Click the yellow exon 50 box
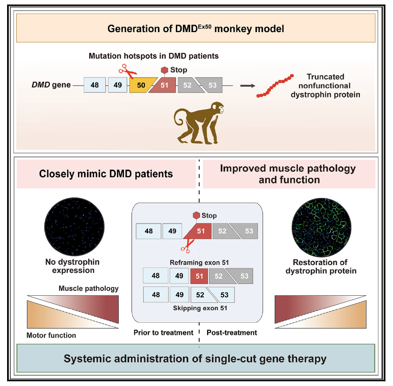coord(140,85)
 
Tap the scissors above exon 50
coord(127,71)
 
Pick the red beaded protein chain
coord(275,86)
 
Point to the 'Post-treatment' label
coord(232,333)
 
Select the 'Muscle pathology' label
coord(88,288)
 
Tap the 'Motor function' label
coord(51,335)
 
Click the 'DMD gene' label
coord(50,86)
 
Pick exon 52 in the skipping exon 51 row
coord(200,295)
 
